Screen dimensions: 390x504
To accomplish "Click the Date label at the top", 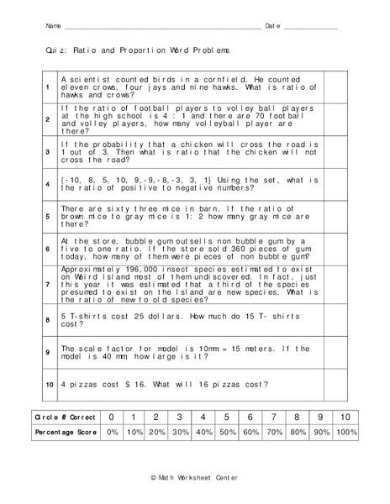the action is [x=274, y=26].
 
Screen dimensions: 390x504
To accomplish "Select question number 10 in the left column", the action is [x=48, y=384].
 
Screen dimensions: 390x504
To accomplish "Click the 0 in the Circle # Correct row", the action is [x=109, y=417].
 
